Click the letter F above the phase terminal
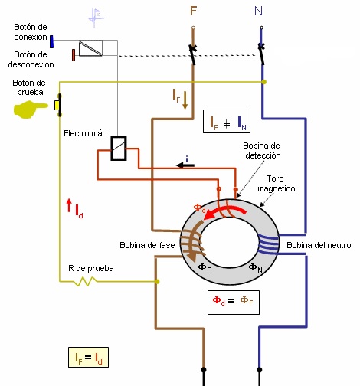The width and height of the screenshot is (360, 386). click(x=194, y=11)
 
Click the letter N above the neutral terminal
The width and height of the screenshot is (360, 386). click(x=258, y=11)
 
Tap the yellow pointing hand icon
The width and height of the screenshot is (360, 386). click(x=30, y=110)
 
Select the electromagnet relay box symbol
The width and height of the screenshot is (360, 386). click(x=119, y=148)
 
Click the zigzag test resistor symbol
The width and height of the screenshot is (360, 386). click(x=86, y=281)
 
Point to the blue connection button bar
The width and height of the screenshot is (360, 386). click(x=51, y=41)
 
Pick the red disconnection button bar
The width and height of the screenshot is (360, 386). click(x=74, y=55)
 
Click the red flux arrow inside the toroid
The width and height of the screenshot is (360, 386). click(x=224, y=211)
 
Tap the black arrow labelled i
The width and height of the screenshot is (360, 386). click(x=185, y=165)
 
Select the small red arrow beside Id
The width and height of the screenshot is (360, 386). click(x=69, y=205)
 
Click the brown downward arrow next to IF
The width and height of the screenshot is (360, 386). click(x=185, y=100)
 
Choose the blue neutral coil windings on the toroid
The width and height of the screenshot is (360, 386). click(x=268, y=244)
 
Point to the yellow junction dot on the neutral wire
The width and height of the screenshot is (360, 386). click(x=264, y=82)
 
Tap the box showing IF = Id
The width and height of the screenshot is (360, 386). click(x=88, y=357)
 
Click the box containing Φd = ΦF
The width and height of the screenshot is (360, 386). click(x=234, y=303)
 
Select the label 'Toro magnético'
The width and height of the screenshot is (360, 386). click(x=277, y=184)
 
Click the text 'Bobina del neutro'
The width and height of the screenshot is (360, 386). click(x=319, y=245)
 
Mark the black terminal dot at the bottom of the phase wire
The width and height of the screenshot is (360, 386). click(x=204, y=369)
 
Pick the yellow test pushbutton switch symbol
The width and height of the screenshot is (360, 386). click(x=58, y=105)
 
